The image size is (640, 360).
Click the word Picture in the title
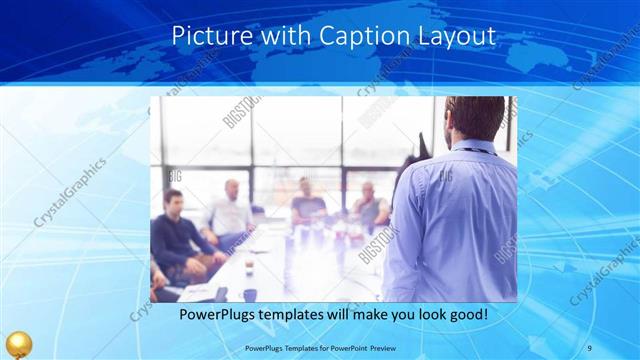207,35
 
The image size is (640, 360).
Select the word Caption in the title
363,35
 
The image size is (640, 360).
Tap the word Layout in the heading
455,35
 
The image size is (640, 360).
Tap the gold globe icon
18,345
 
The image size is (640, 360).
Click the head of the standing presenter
471,117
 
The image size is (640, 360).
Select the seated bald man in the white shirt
231,210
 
